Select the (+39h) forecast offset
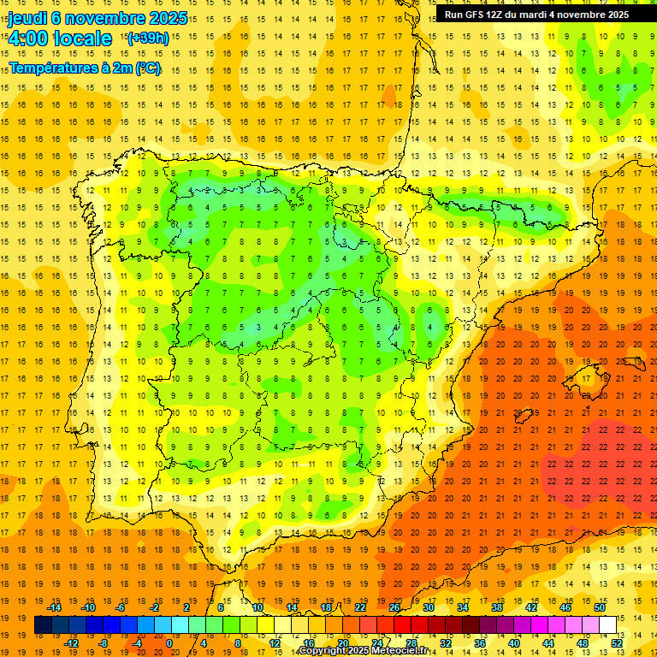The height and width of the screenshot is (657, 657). [147, 38]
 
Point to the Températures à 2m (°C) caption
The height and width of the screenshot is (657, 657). [84, 68]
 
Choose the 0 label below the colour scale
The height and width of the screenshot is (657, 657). [169, 643]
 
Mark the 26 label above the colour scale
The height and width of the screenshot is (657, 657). [394, 607]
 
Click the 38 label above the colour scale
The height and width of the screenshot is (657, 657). [497, 607]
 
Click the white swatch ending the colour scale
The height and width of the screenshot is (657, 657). [608, 625]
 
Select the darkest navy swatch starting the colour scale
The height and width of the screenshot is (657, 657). [44, 625]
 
